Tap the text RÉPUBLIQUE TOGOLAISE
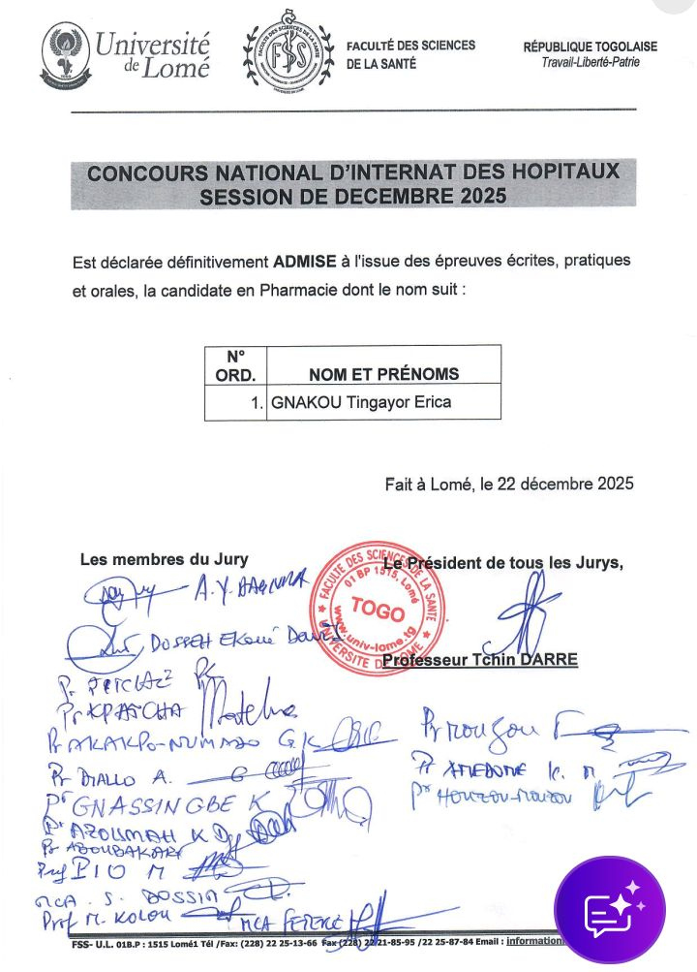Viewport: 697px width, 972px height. (591, 46)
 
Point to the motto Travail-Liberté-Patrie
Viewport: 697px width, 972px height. (591, 63)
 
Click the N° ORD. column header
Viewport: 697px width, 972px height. (234, 365)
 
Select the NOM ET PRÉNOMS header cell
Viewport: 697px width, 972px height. (383, 374)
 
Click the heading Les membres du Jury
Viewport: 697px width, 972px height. (164, 558)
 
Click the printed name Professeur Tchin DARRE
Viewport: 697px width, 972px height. (480, 660)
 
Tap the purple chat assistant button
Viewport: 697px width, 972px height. (609, 910)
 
